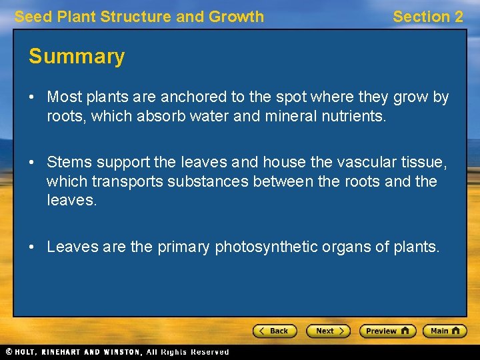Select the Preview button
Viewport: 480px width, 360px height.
click(387, 331)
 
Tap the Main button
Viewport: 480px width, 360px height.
click(445, 331)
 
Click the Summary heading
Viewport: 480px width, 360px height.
click(77, 57)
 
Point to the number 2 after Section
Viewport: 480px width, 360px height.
click(457, 17)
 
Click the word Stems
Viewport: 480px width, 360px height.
click(70, 162)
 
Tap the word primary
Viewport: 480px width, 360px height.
click(183, 247)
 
